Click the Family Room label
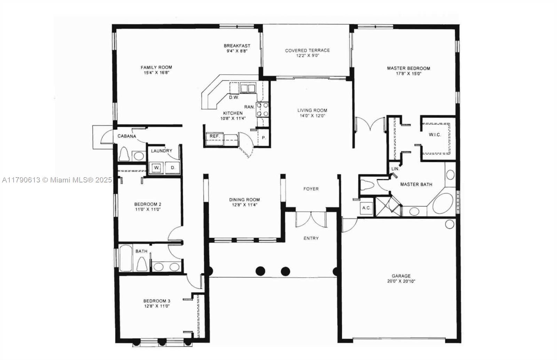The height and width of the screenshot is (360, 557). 156,68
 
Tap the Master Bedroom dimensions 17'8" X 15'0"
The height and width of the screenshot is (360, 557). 409,73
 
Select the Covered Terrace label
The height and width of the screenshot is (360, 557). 307,50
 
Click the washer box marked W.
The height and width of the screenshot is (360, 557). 156,167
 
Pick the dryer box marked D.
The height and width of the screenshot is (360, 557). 173,167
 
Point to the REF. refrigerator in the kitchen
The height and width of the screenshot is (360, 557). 214,139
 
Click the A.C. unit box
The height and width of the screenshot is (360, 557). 367,208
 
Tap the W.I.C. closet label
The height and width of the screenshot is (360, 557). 435,135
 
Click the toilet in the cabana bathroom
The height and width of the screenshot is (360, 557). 124,154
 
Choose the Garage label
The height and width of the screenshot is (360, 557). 401,276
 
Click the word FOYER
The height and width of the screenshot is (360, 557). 311,189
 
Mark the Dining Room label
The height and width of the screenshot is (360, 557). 244,199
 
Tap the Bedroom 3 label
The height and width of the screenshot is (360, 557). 157,301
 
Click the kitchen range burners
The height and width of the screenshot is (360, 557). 262,109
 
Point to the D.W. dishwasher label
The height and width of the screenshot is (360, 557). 234,97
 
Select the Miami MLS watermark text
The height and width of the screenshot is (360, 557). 57,180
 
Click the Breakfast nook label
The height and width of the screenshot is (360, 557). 237,46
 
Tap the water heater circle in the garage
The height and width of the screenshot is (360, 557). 449,224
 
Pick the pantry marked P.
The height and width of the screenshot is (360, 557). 263,138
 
